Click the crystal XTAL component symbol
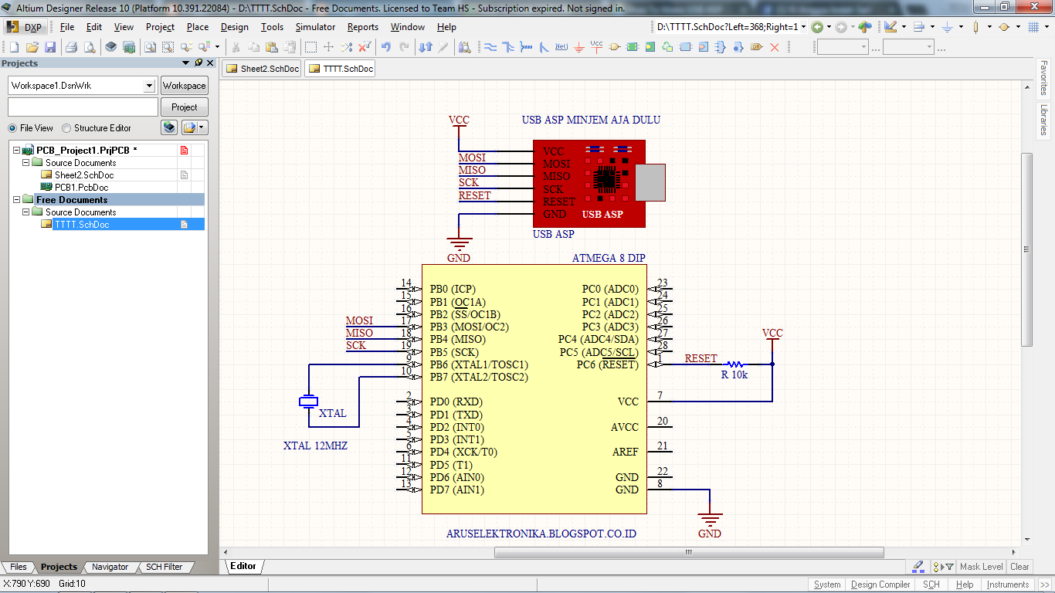tap(308, 401)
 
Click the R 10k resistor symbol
tap(734, 364)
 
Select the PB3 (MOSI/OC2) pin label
tap(470, 327)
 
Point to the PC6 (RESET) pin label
tap(607, 364)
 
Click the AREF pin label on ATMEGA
tap(626, 452)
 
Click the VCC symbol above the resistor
tap(772, 334)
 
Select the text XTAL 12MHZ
tap(315, 446)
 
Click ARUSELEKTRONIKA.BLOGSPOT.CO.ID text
tap(541, 534)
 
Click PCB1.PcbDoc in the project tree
tap(81, 188)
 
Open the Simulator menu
tap(315, 27)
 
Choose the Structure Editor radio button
tap(67, 128)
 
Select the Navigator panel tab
tap(110, 567)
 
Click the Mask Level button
tap(981, 567)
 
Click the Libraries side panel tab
tap(1044, 120)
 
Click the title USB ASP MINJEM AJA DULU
tap(591, 120)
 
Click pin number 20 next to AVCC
tap(663, 421)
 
